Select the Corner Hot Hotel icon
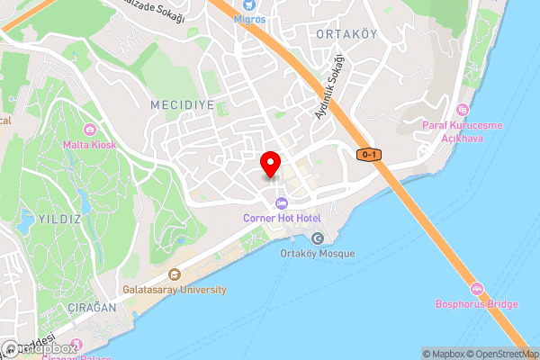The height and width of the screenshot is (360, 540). pyautogui.click(x=282, y=202)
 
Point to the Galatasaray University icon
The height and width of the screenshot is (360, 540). pyautogui.click(x=175, y=274)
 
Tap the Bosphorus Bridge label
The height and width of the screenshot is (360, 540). pyautogui.click(x=477, y=304)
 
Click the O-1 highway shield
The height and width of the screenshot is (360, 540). pyautogui.click(x=369, y=155)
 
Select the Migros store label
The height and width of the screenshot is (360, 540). pyautogui.click(x=250, y=18)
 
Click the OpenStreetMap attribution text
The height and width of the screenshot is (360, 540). pyautogui.click(x=500, y=354)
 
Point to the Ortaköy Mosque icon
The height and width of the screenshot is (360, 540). pyautogui.click(x=317, y=238)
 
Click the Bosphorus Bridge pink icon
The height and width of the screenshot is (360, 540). pyautogui.click(x=476, y=289)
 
